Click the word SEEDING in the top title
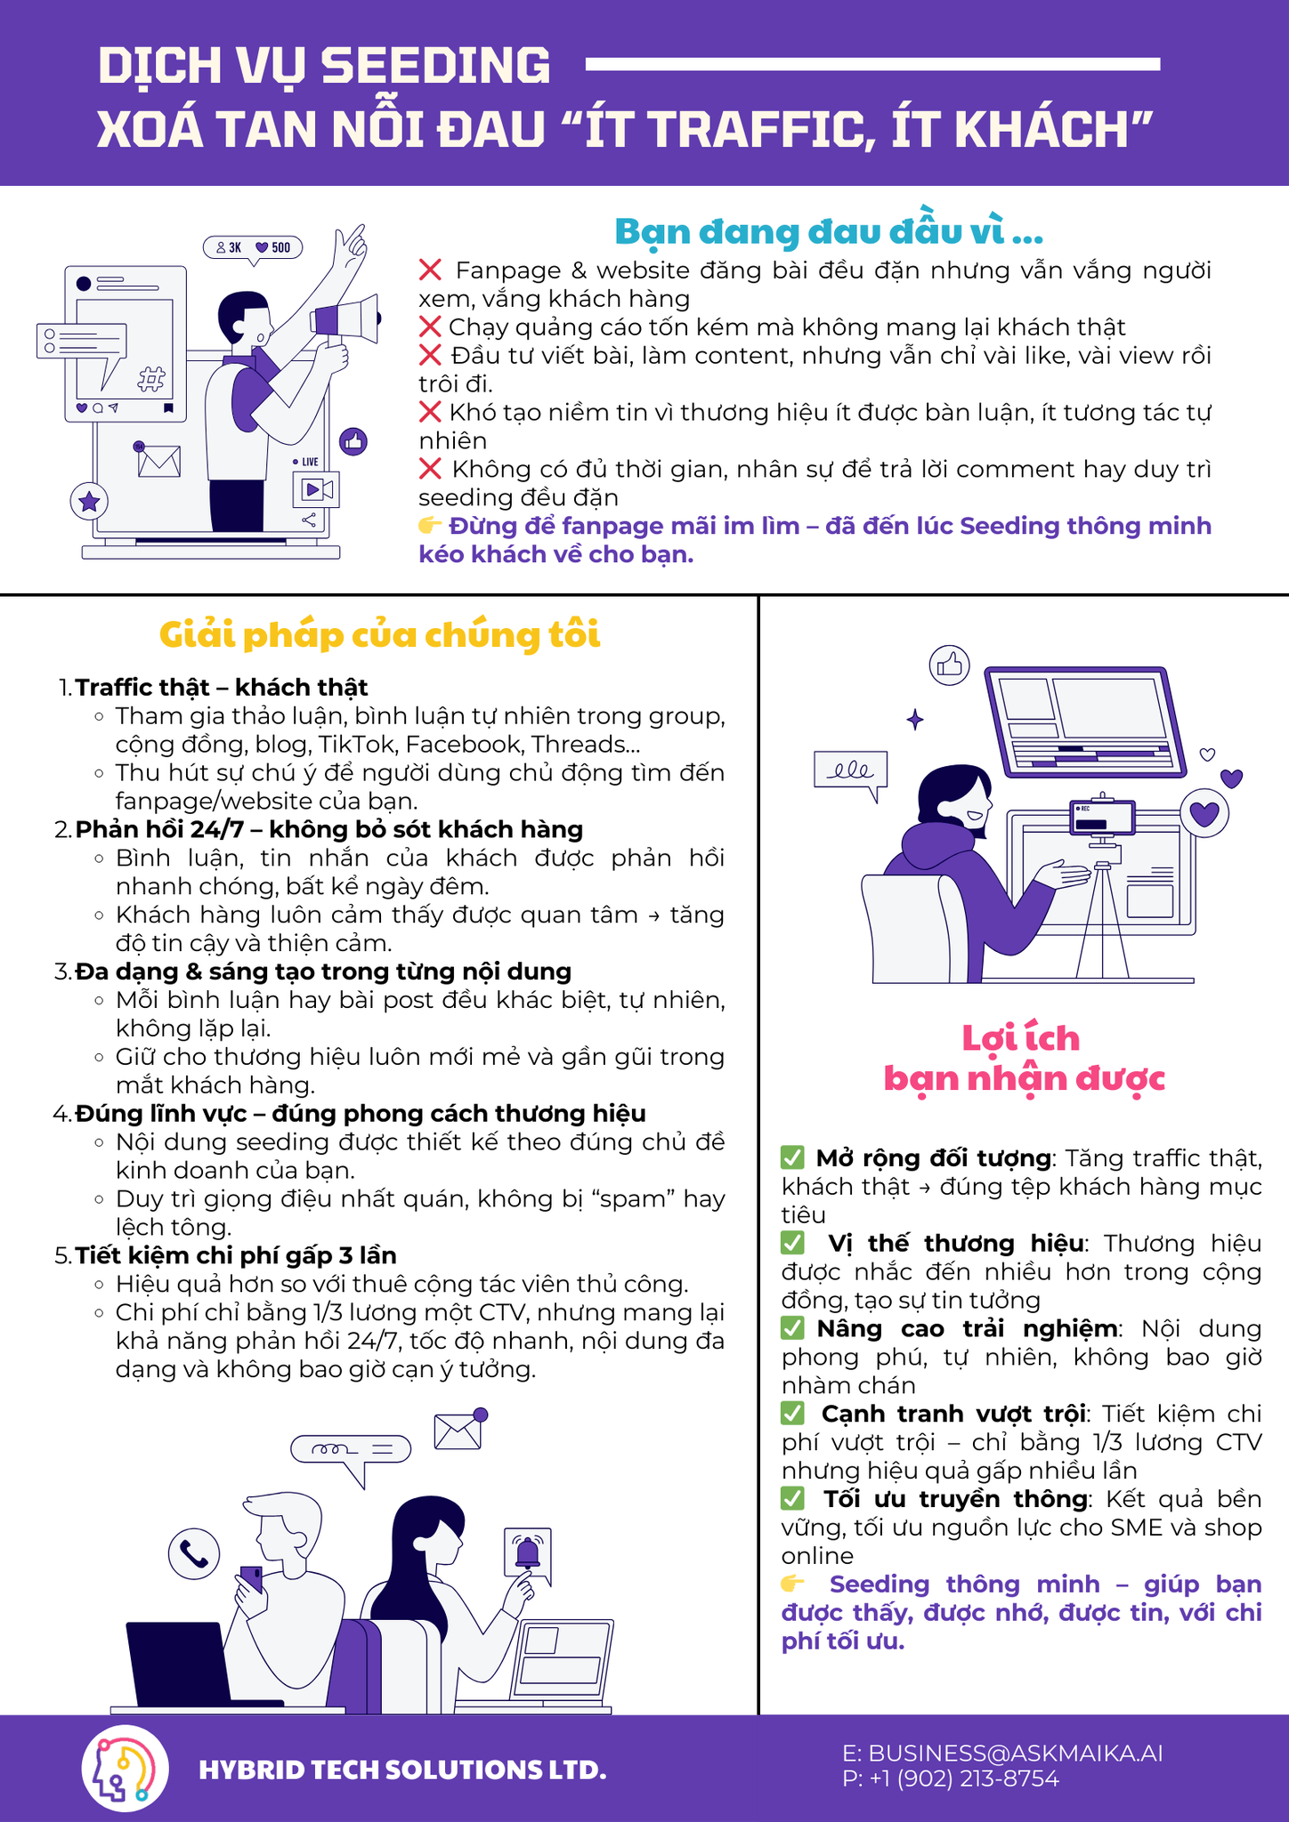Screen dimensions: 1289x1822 pyautogui.click(x=435, y=66)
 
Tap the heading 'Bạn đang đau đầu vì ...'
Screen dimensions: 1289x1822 pyautogui.click(x=829, y=231)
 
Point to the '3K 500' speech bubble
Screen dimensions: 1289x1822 pyautogui.click(x=253, y=248)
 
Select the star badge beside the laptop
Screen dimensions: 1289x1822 pyautogui.click(x=89, y=502)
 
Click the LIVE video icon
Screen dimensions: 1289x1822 pyautogui.click(x=315, y=488)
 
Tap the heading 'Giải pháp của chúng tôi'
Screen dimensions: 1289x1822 pyautogui.click(x=380, y=635)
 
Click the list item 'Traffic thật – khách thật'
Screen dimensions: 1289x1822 pyautogui.click(x=222, y=687)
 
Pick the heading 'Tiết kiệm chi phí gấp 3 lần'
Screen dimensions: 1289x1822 pyautogui.click(x=236, y=1255)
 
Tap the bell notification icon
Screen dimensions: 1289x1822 pyautogui.click(x=528, y=1552)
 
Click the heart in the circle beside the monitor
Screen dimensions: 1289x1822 pyautogui.click(x=1204, y=813)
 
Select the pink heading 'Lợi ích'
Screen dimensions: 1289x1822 pyautogui.click(x=1021, y=1038)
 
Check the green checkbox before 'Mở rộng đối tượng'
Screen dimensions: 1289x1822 pyautogui.click(x=792, y=1157)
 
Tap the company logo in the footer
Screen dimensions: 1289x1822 pyautogui.click(x=126, y=1770)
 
